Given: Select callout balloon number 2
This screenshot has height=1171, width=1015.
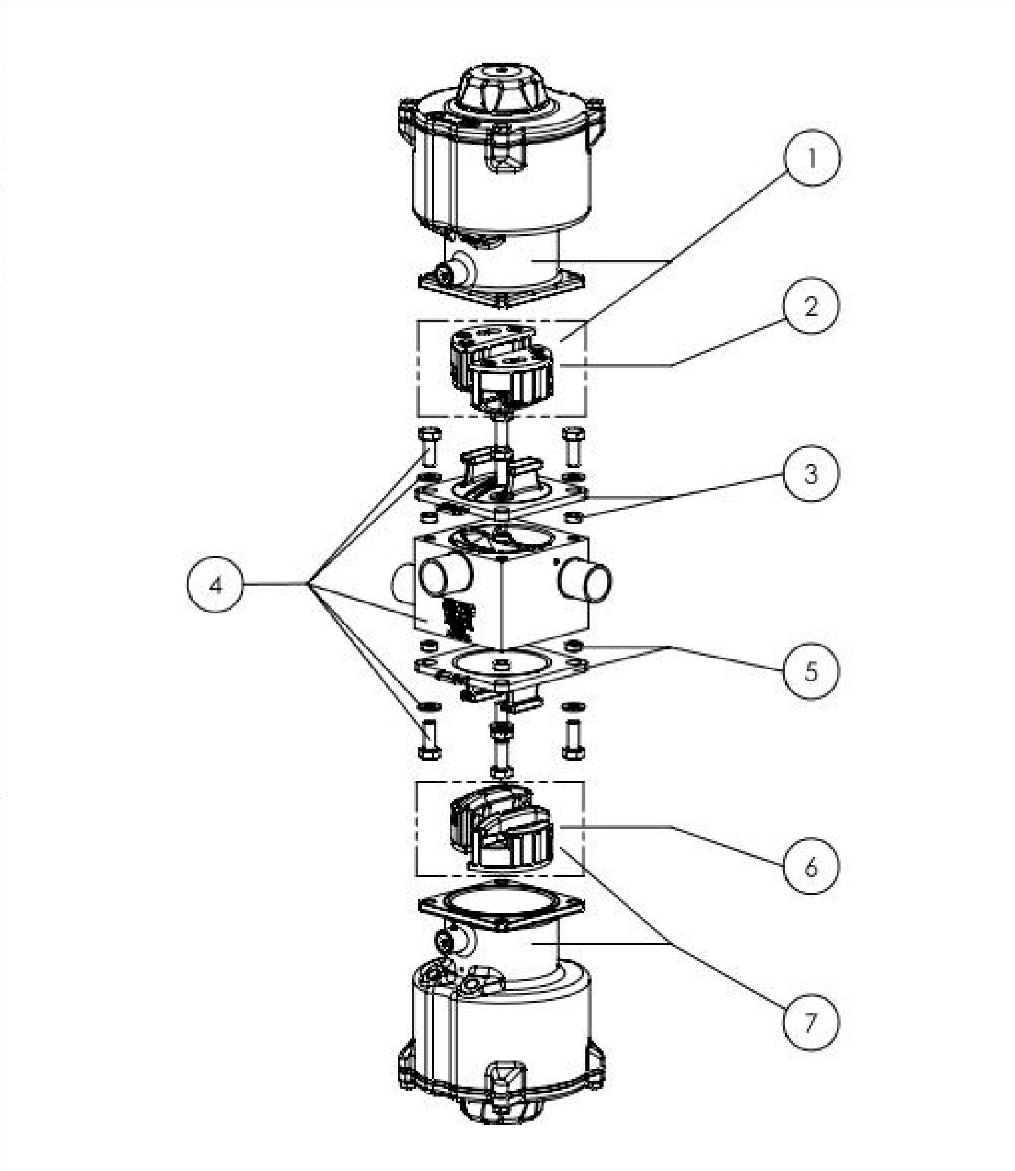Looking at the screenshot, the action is click(x=811, y=306).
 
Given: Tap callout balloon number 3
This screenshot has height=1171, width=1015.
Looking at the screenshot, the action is click(x=811, y=473).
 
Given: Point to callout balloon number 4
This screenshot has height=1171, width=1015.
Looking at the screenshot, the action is click(x=215, y=584).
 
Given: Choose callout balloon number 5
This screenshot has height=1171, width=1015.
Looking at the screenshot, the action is click(x=811, y=671).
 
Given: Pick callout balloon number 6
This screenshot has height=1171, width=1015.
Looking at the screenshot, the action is click(x=811, y=866).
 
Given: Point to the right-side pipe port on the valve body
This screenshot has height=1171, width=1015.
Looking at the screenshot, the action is click(x=585, y=582).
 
